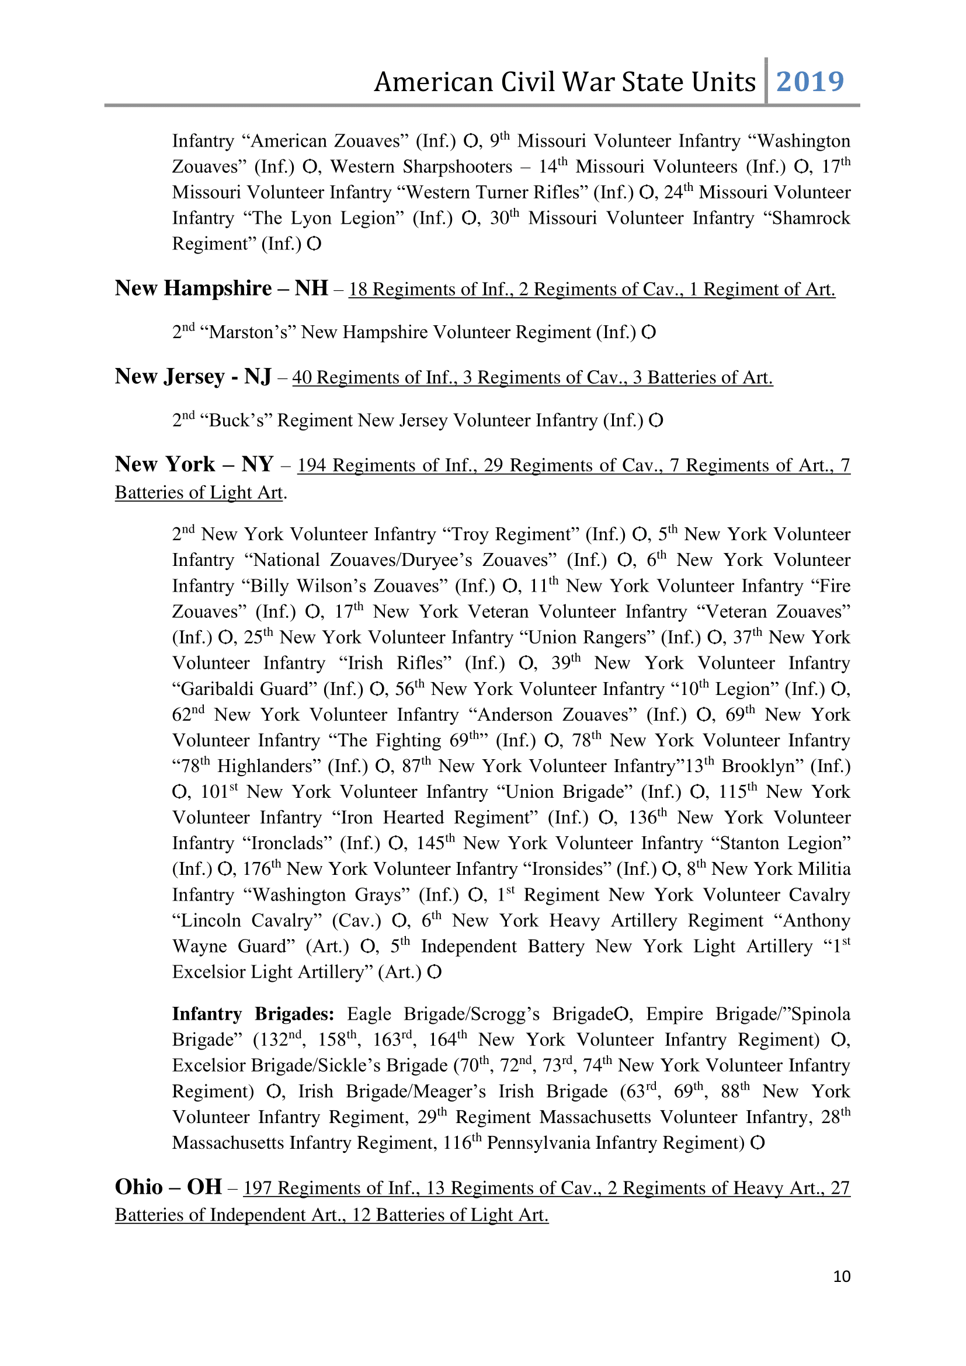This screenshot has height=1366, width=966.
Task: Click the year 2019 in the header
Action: pos(809,82)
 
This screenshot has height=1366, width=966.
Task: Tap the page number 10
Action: pos(841,1276)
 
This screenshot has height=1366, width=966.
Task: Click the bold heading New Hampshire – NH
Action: pos(221,289)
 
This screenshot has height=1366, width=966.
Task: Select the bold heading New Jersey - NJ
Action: pos(193,377)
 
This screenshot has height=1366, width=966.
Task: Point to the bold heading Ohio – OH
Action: pos(168,1187)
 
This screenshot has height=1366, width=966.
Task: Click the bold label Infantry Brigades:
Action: pos(253,1014)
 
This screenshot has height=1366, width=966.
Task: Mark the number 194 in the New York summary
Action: pos(312,465)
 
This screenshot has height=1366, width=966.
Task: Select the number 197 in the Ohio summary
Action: pos(257,1188)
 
